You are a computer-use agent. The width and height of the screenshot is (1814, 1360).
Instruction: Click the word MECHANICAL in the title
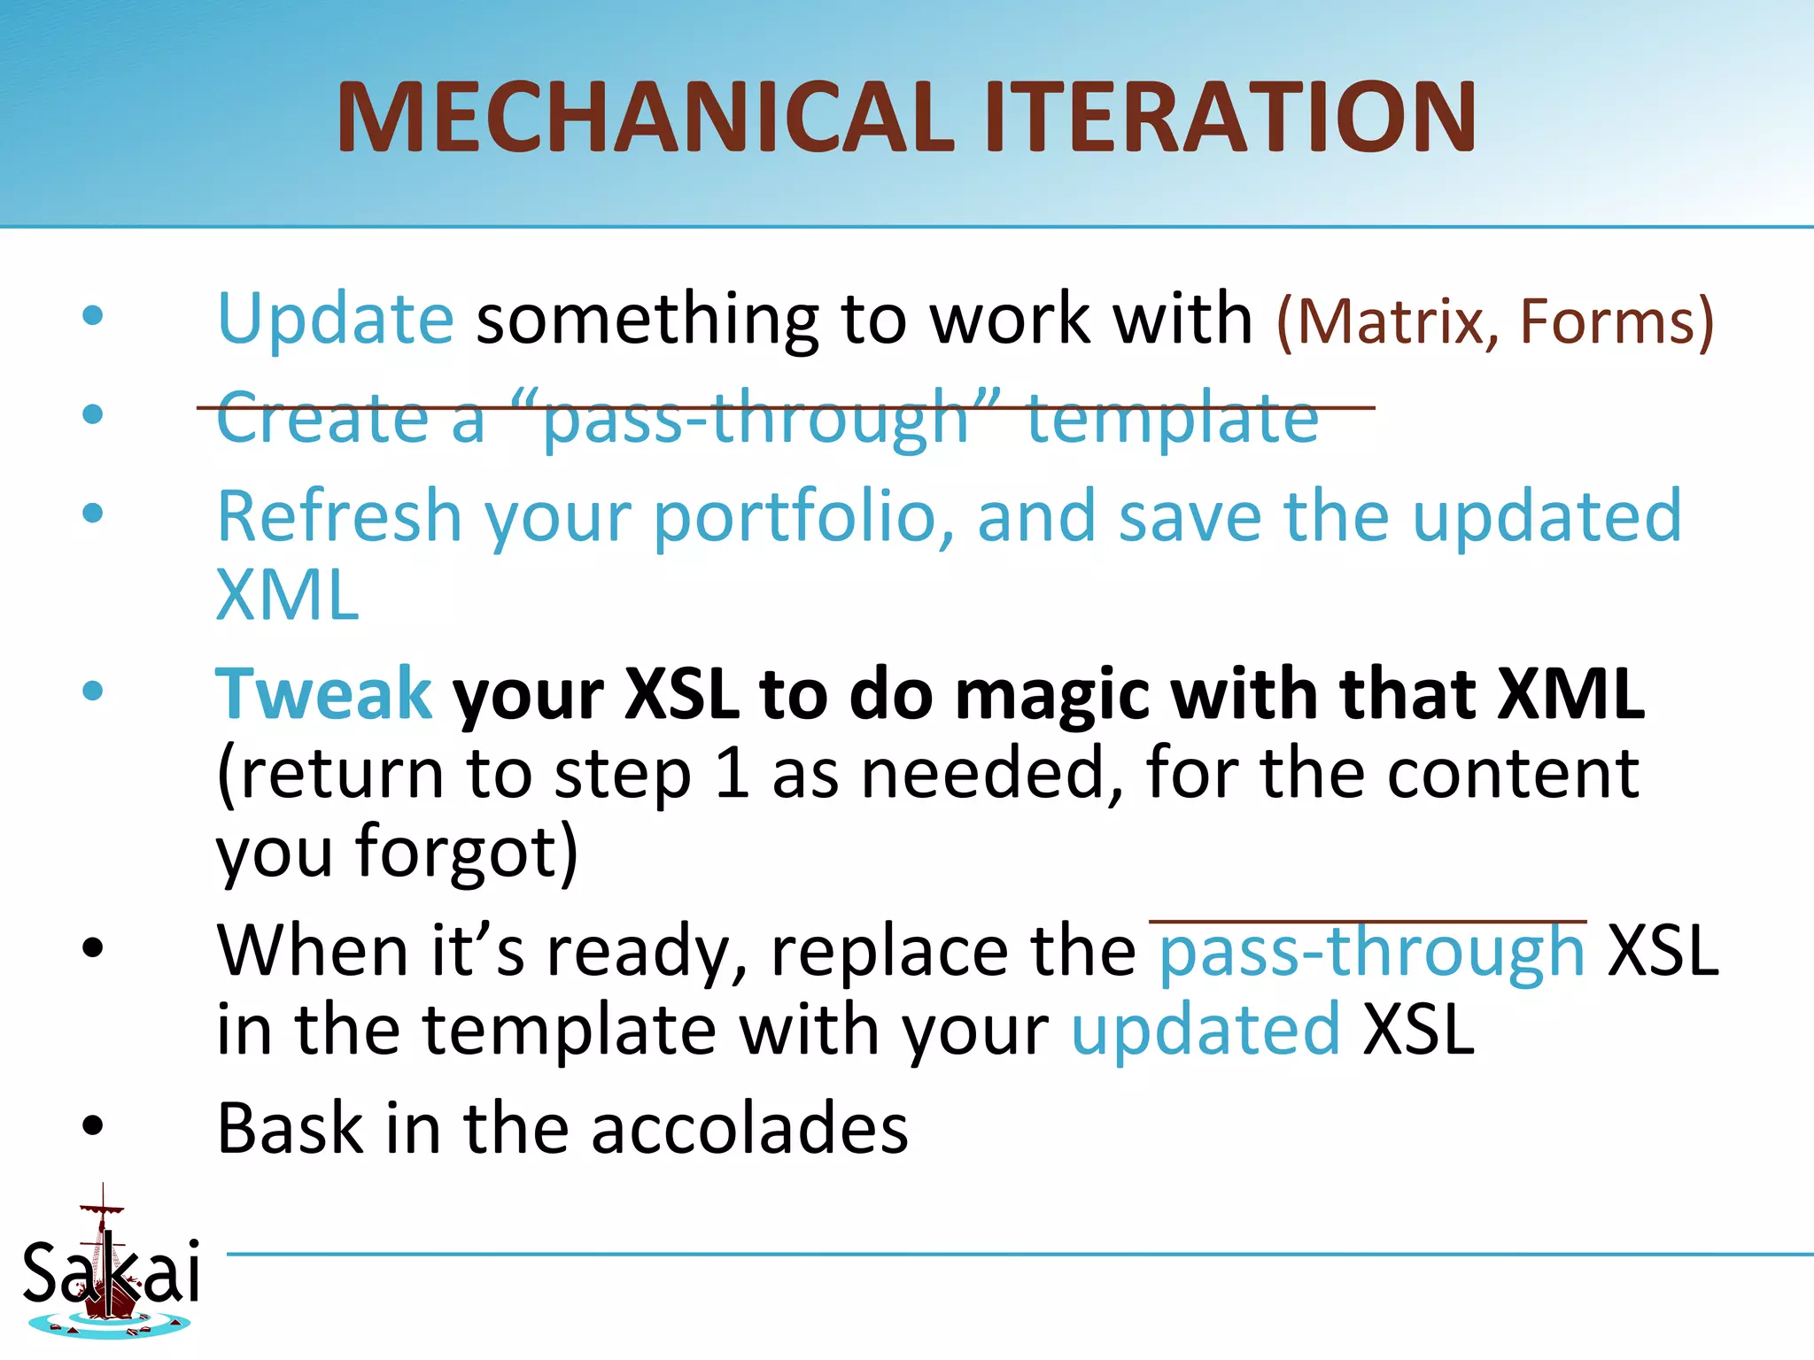click(x=645, y=118)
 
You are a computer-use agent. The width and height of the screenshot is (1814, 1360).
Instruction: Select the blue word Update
click(x=336, y=319)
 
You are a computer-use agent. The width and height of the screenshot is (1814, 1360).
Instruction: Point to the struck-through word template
click(x=1172, y=419)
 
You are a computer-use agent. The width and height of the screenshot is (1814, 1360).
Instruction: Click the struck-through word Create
click(x=322, y=417)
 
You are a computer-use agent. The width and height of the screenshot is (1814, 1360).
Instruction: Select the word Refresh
click(x=339, y=516)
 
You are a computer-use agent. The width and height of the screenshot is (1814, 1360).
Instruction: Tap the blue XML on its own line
click(x=288, y=596)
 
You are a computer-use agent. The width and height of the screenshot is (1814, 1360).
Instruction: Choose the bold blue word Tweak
click(x=324, y=693)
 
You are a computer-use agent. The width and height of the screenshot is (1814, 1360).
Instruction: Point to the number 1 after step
click(x=732, y=774)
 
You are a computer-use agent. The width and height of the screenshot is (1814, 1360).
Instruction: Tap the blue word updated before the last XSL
click(x=1205, y=1030)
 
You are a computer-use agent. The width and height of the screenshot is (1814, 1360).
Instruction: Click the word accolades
click(x=749, y=1129)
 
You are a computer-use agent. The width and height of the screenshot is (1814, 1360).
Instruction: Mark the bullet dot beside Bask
click(x=92, y=1126)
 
